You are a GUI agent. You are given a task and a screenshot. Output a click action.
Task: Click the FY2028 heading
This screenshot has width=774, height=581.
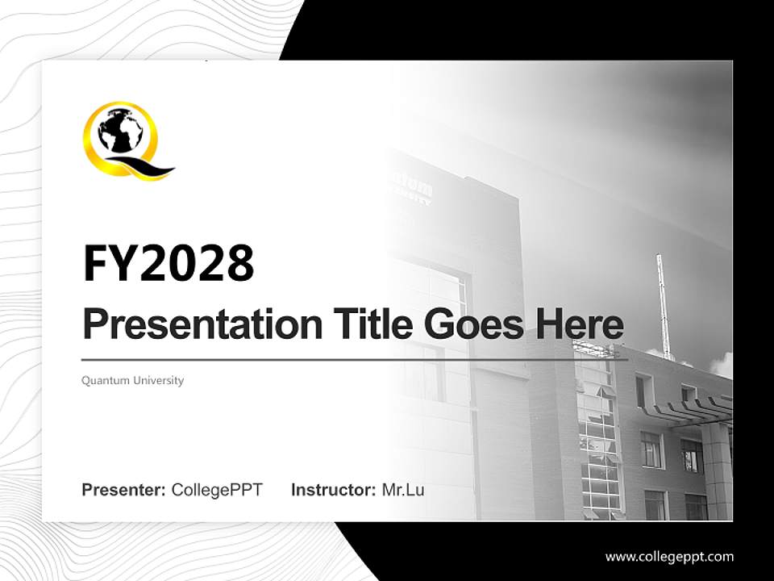pos(169,263)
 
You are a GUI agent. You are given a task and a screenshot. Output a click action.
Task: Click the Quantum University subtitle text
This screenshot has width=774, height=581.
pos(132,380)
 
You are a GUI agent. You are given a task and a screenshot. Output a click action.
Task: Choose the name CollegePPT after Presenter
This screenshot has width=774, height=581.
pos(217,490)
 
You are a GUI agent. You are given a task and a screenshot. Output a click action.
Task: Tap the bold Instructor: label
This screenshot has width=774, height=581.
pos(334,490)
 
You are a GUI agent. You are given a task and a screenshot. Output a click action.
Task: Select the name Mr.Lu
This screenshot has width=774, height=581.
pos(403,490)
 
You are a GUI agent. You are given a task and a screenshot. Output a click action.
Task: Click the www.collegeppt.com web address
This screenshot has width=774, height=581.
pos(669,556)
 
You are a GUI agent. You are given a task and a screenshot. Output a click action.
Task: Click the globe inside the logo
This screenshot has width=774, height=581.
pos(119,131)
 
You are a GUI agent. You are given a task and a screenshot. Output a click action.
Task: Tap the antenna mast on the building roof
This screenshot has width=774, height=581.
pos(663,307)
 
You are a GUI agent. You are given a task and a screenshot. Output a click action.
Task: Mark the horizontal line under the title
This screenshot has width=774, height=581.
pos(355,359)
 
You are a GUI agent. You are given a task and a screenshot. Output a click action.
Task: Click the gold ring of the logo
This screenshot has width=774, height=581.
pos(91,145)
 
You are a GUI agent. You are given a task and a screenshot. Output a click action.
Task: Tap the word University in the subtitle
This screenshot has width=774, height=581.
pos(159,380)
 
